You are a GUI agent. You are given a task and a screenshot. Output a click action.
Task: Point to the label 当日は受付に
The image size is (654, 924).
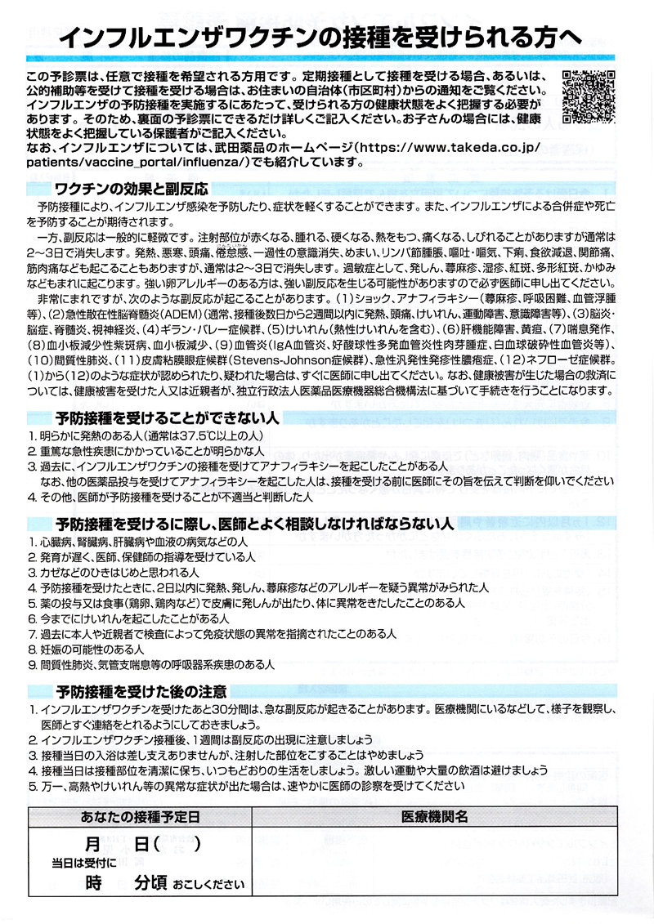tap(85, 863)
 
